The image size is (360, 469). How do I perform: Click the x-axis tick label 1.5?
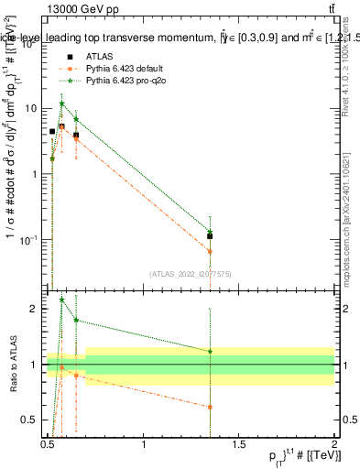point(239,444)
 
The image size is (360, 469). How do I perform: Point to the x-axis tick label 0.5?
point(48,444)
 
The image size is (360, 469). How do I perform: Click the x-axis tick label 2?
point(334,444)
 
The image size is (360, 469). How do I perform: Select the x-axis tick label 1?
point(144,444)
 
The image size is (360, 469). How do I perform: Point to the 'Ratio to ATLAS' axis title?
point(13,365)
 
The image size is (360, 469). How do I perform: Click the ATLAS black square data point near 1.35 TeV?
point(211,236)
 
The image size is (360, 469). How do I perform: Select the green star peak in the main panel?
point(61,104)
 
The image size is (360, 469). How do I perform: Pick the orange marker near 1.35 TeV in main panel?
point(211,251)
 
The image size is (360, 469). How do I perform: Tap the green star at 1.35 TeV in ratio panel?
point(211,352)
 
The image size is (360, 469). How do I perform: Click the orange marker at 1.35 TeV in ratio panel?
point(211,407)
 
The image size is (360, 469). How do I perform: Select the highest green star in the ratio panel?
point(61,300)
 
